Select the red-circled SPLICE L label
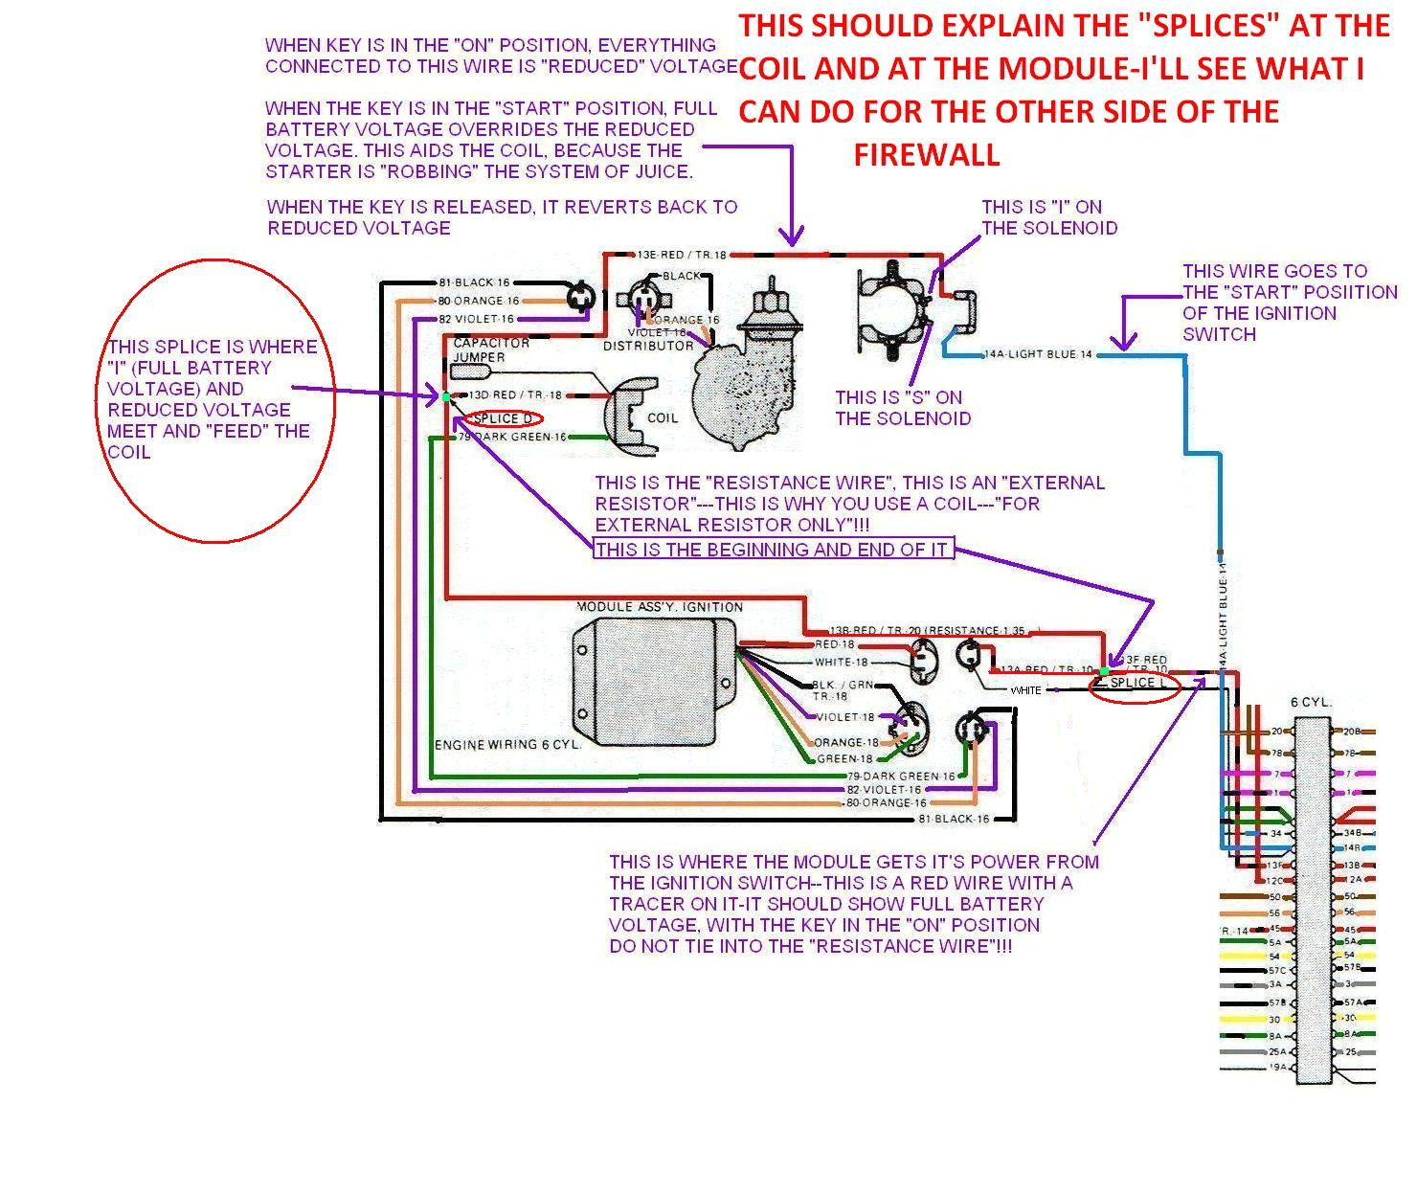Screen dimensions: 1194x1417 coord(1135,684)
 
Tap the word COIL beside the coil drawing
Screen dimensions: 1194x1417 coord(663,418)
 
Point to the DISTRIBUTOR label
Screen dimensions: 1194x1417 coord(648,346)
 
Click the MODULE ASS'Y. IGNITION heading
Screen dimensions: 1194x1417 coord(659,607)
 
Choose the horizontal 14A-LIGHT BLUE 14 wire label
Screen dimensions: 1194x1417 coord(1039,354)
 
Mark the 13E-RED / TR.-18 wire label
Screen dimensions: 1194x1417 coord(682,256)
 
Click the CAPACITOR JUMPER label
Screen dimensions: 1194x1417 coord(490,349)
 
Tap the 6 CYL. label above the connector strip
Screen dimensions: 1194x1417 coord(1311,702)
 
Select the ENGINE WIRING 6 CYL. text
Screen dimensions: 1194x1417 coord(507,745)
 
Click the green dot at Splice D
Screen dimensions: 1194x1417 coord(446,395)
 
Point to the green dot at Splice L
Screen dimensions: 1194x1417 coord(1105,671)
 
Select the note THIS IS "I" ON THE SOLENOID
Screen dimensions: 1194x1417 coord(1048,217)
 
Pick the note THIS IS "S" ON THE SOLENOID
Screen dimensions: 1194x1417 coord(902,408)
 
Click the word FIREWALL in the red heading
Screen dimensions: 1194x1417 coord(926,154)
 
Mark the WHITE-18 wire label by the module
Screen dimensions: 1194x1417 coord(841,663)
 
